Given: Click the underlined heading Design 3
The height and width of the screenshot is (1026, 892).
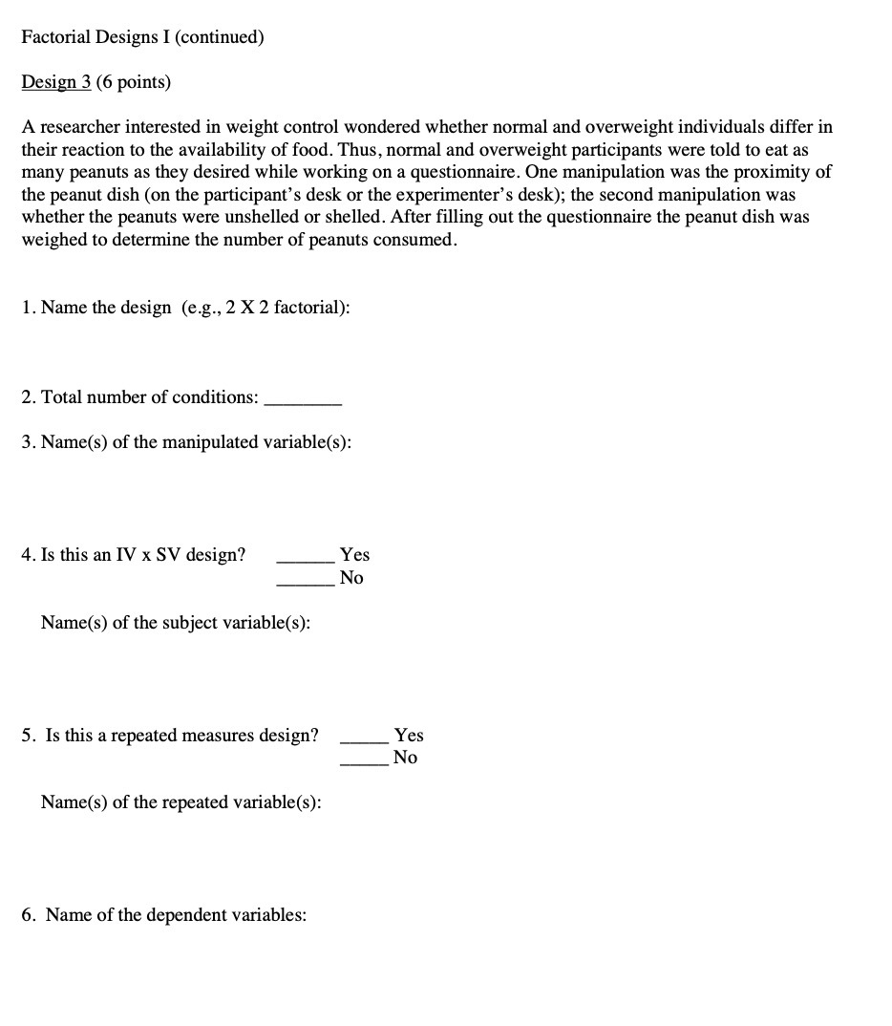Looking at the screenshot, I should pyautogui.click(x=56, y=82).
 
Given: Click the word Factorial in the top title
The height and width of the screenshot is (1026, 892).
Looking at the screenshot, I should pyautogui.click(x=56, y=37).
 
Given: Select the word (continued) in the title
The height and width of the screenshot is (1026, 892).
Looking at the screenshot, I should pyautogui.click(x=218, y=37).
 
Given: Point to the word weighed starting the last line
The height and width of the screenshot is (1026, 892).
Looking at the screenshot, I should pyautogui.click(x=53, y=240).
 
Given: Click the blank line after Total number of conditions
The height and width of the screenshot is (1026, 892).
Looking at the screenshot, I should pyautogui.click(x=302, y=403).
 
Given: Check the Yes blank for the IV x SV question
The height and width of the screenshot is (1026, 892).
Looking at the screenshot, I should pyautogui.click(x=305, y=560).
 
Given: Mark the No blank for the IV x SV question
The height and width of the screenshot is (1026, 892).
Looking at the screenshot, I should pyautogui.click(x=305, y=583).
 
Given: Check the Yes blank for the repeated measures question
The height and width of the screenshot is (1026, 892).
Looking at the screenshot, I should pyautogui.click(x=364, y=740).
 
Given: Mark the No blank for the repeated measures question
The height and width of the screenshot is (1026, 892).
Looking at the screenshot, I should pyautogui.click(x=364, y=763).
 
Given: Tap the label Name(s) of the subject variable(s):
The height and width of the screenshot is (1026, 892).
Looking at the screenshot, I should pyautogui.click(x=176, y=623).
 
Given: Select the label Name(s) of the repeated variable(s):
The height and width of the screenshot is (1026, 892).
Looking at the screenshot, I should pyautogui.click(x=181, y=802).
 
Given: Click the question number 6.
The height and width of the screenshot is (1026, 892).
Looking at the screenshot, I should pyautogui.click(x=28, y=915).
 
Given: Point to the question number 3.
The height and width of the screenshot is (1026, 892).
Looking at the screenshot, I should pyautogui.click(x=27, y=442).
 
